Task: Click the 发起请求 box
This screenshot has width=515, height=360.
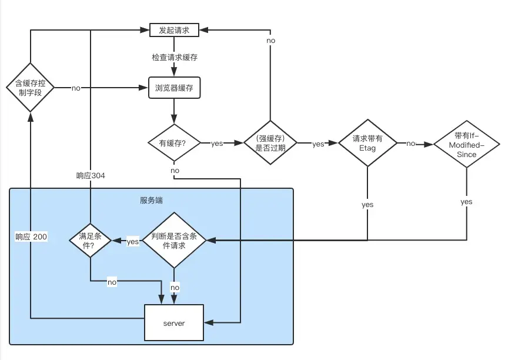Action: point(174,30)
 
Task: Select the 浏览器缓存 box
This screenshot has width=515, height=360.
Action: point(174,88)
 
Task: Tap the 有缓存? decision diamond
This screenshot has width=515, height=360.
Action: point(174,143)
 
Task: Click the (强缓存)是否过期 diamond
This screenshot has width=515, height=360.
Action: point(270,143)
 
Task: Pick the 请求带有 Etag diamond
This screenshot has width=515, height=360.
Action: point(367,143)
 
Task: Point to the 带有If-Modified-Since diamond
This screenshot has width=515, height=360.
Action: point(466,144)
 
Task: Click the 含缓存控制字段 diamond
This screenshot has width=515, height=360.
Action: point(30,88)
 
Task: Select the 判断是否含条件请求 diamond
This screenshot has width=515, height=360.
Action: point(174,241)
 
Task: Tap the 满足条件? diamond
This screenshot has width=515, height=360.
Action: point(91,241)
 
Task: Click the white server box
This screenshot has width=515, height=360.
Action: point(174,322)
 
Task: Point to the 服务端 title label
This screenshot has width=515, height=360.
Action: point(151,200)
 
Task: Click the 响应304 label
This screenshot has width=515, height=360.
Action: point(91,175)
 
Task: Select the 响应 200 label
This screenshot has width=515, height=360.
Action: point(31,236)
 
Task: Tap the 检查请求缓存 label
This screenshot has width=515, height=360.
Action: point(175,57)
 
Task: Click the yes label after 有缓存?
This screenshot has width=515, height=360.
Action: point(217,144)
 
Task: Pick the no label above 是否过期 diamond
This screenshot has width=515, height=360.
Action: point(270,41)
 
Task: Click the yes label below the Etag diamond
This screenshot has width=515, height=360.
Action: point(367,205)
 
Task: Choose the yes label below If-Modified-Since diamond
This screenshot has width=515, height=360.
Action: point(466,202)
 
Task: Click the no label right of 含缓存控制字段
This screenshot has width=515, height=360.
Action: point(76,88)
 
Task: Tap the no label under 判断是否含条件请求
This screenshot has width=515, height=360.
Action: point(175,287)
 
